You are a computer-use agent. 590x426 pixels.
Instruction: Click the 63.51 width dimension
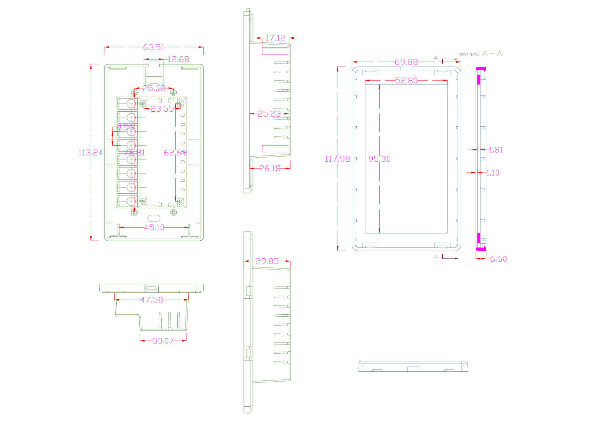[x=154, y=47]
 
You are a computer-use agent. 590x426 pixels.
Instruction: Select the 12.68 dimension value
[x=178, y=59]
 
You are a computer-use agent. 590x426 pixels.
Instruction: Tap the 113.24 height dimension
[x=90, y=153]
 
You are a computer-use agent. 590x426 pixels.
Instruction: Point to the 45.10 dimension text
[x=154, y=228]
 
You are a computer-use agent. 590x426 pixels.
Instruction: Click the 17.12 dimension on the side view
[x=275, y=38]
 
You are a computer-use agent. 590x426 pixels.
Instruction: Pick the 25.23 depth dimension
[x=269, y=114]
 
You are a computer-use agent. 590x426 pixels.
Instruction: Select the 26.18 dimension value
[x=270, y=169]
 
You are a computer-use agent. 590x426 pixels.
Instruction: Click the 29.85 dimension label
[x=267, y=261]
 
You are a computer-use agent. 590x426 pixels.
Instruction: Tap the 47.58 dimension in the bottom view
[x=151, y=300]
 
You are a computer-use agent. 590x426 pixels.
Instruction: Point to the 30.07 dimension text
[x=163, y=341]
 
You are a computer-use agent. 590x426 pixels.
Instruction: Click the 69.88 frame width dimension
[x=406, y=62]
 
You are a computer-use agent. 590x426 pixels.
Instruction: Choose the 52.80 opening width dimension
[x=406, y=81]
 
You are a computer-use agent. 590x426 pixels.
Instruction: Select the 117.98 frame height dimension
[x=337, y=159]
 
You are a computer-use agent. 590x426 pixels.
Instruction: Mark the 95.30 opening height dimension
[x=380, y=159]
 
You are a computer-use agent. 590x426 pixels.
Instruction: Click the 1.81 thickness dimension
[x=496, y=150]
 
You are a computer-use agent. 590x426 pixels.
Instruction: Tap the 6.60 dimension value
[x=499, y=259]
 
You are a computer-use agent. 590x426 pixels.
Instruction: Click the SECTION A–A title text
[x=481, y=54]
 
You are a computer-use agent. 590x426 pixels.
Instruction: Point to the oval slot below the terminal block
[x=154, y=218]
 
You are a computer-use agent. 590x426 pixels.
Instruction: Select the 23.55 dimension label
[x=162, y=109]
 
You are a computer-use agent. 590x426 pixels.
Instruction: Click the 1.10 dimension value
[x=493, y=173]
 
